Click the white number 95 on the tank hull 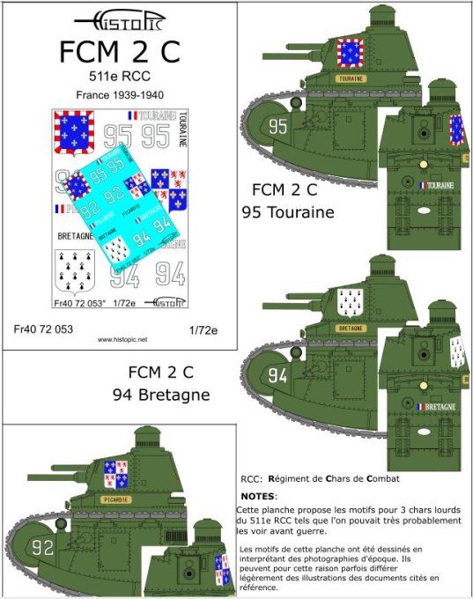[277, 127]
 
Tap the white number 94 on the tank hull [277, 376]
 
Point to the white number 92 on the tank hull [43, 546]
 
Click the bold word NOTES [258, 497]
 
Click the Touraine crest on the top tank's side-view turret [351, 52]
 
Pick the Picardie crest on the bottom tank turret [116, 474]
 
